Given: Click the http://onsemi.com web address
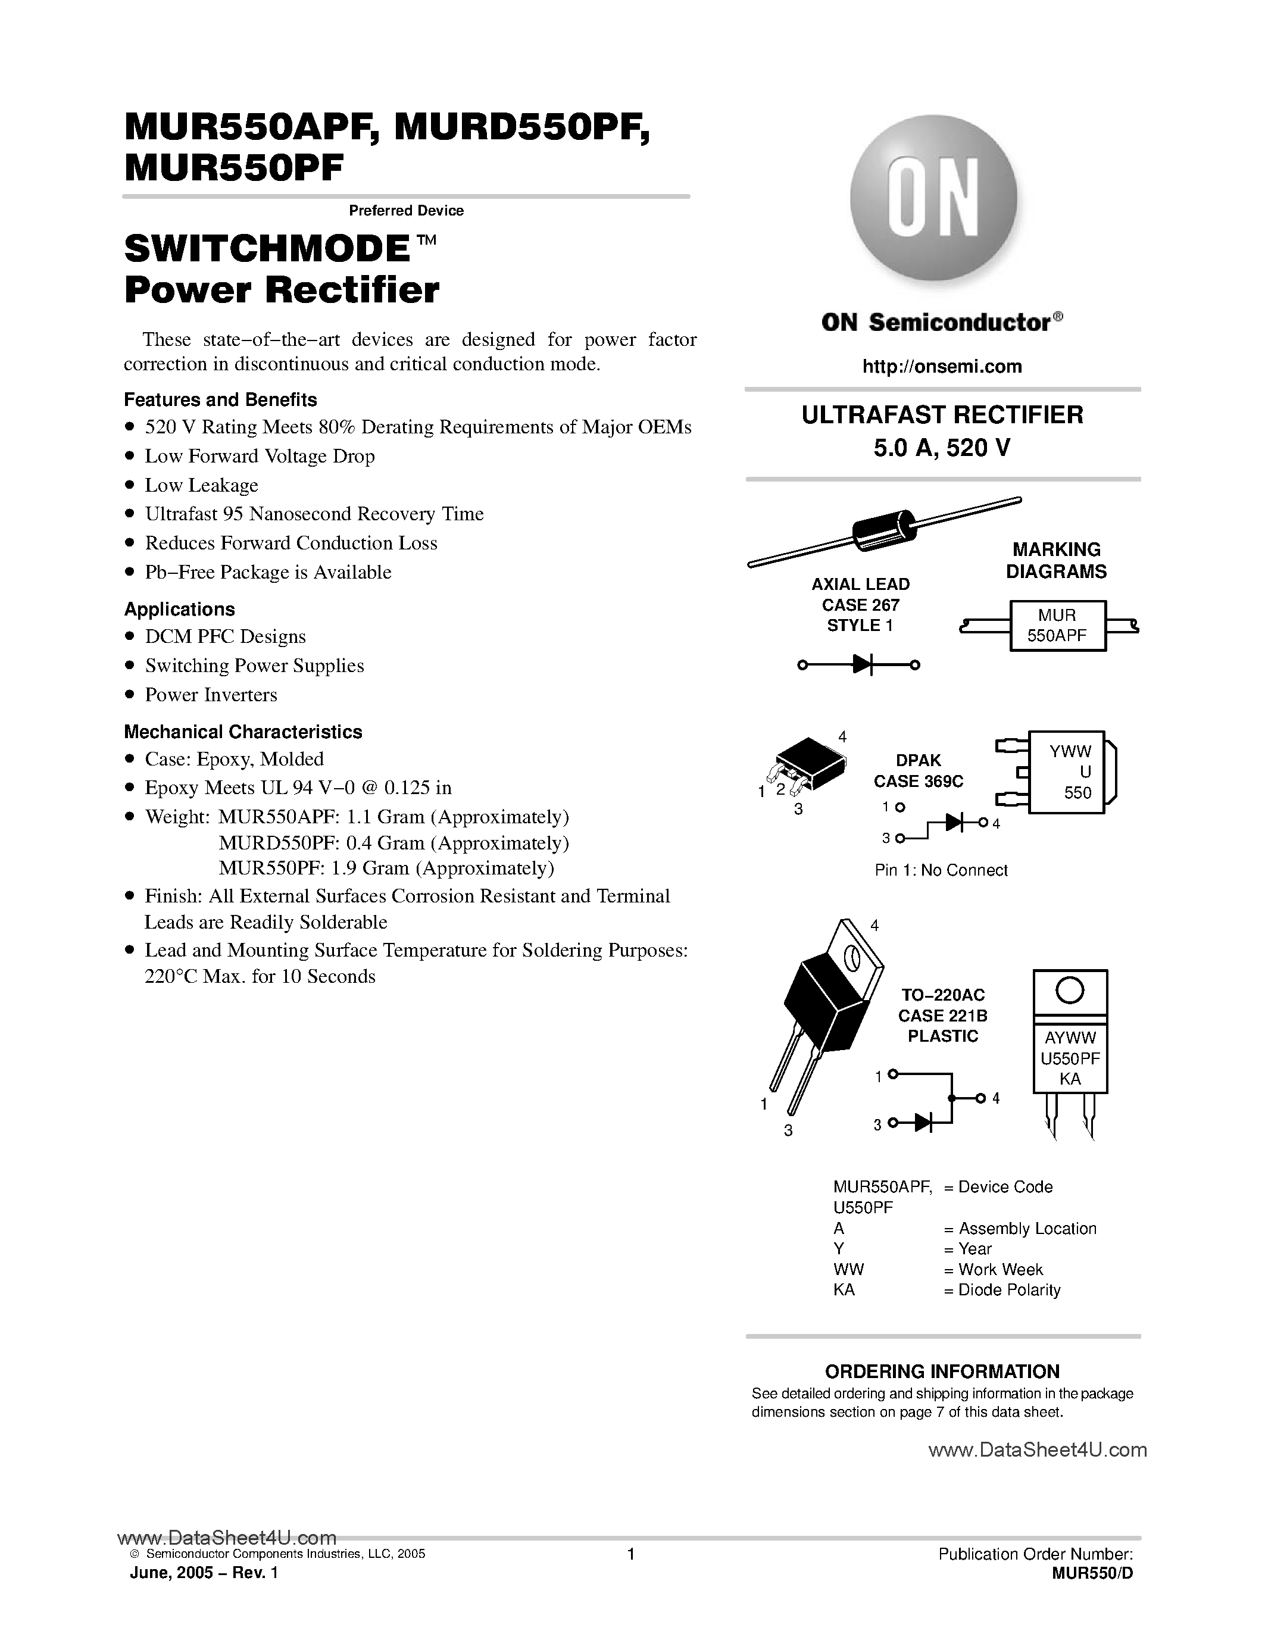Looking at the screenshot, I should tap(942, 367).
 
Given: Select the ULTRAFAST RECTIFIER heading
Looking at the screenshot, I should tap(942, 414).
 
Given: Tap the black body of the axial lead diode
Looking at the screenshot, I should tap(884, 530).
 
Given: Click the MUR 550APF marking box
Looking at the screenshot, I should tap(1057, 626).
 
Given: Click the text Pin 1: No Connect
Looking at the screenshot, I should tap(941, 870).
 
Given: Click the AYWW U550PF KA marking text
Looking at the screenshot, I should tap(1070, 1058).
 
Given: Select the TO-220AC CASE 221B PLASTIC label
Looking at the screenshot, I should tap(943, 1016).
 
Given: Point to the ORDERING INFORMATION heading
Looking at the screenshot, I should tap(942, 1372).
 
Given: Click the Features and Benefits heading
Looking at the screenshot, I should tap(220, 399).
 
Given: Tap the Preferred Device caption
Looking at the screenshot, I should tap(406, 211).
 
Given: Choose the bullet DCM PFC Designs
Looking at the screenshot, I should tap(225, 636).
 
